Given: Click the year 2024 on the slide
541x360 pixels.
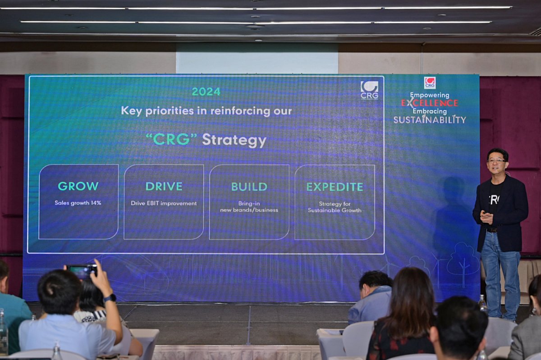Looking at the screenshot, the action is coord(206,92).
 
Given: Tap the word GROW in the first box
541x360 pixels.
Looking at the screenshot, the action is coord(78,186).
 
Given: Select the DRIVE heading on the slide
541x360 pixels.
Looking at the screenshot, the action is coord(164,187).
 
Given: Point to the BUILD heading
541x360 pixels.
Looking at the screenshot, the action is coord(249,187).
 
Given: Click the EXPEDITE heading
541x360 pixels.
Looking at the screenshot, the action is coord(335,187).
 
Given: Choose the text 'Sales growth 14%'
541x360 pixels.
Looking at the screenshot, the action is coord(78,203).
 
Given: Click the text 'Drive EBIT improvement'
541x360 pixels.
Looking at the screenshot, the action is coord(164,203).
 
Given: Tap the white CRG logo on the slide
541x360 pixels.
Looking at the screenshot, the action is coord(370,90).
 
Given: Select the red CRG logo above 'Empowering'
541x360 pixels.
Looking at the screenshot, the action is coord(430,83).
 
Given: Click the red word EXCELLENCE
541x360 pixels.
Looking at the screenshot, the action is coord(429,103).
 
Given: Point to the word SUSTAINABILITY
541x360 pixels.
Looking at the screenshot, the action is coord(430,119).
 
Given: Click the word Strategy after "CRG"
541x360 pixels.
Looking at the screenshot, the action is coord(234,140).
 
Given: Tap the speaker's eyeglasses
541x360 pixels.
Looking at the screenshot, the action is coord(496,161).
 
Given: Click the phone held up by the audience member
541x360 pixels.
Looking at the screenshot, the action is coord(82,270).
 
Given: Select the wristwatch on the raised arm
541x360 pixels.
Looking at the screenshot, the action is coord(110,298).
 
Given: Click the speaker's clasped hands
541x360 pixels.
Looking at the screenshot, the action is coord(486,217).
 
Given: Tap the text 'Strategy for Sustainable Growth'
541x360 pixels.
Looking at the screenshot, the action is coord(335,207).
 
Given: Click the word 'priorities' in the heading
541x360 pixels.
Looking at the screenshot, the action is coord(170,111).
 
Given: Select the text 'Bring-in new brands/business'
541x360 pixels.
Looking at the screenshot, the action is coord(249,207).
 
